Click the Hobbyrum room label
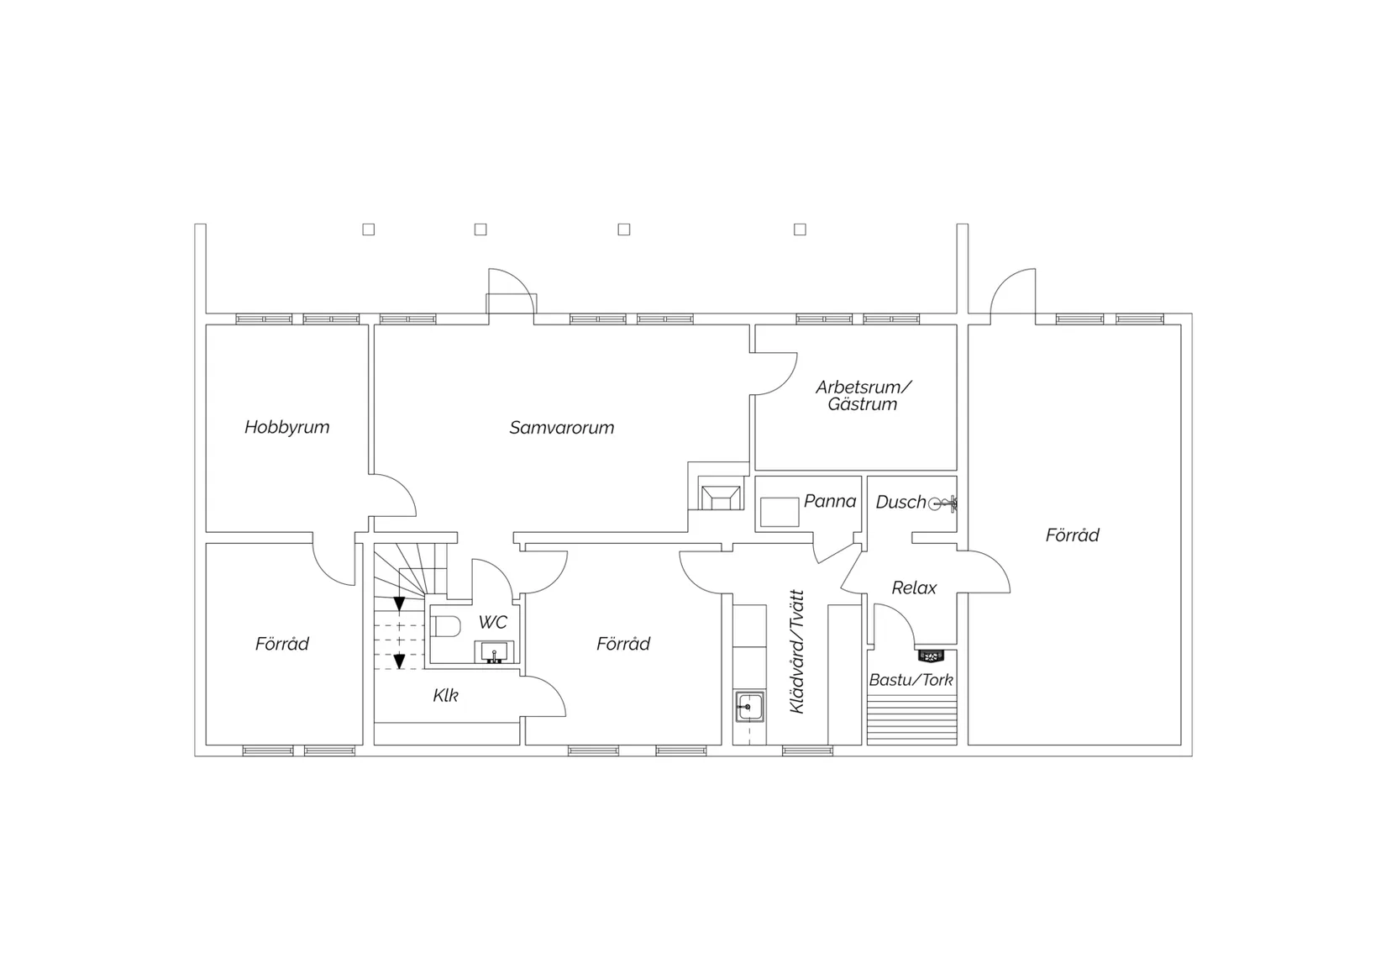tap(287, 427)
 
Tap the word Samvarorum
tap(562, 428)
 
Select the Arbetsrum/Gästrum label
tap(864, 396)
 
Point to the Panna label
tap(830, 501)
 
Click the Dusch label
tap(900, 502)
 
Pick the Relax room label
tap(914, 587)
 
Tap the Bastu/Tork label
tap(911, 680)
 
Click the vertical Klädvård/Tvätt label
tap(797, 652)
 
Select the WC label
tap(492, 622)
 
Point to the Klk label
tap(445, 696)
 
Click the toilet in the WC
tap(446, 626)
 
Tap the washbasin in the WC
tap(494, 652)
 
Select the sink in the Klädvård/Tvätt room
tap(750, 706)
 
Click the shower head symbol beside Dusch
tap(942, 503)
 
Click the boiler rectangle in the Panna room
tap(780, 512)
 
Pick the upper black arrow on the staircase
tap(400, 603)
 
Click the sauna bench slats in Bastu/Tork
tap(912, 719)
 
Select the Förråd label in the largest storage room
tap(1073, 535)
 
